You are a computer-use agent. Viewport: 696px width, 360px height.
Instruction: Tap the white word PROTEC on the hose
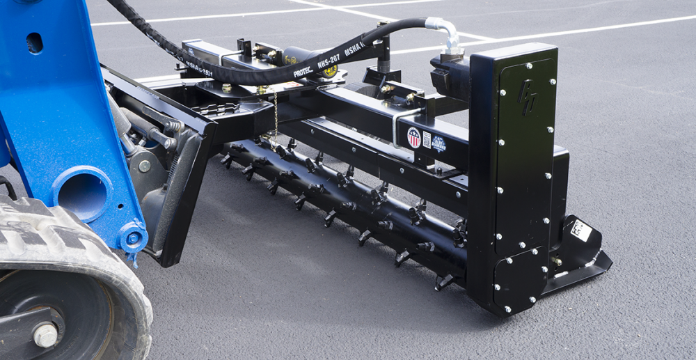point(303,72)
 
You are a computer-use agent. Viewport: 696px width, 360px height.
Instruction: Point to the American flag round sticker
point(413,137)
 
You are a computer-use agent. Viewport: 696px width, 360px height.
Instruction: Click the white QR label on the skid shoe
point(580,230)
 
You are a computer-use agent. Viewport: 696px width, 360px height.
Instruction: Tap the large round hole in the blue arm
point(81,193)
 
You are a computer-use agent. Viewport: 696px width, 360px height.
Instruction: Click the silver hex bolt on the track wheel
point(46,335)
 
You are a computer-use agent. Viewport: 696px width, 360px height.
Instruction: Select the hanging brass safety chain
point(276,115)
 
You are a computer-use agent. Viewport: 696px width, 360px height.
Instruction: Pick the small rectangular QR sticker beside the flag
point(427,139)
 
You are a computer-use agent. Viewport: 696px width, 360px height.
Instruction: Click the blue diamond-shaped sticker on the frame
point(438,143)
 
